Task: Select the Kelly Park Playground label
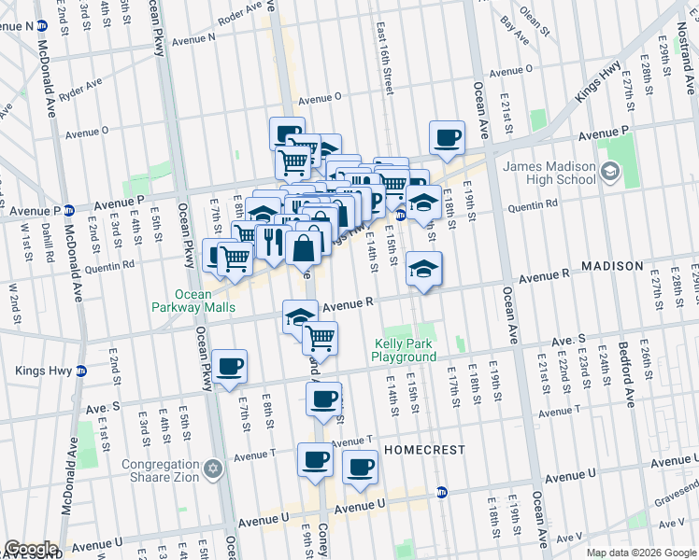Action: click(405, 350)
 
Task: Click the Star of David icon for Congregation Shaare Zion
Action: click(213, 467)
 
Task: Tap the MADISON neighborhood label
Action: click(612, 266)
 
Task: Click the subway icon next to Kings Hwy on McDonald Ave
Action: click(81, 371)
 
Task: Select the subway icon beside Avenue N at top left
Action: click(41, 26)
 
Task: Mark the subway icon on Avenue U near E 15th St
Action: click(441, 491)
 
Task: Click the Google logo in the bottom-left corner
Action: click(30, 549)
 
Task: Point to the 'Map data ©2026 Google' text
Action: click(641, 553)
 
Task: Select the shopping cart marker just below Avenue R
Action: click(321, 337)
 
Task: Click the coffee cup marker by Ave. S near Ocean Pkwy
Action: click(229, 366)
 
